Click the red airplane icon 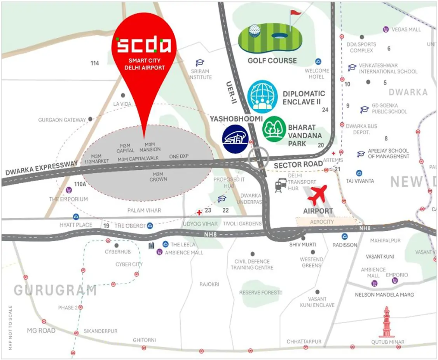pyautogui.click(x=318, y=195)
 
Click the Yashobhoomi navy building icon pyautogui.click(x=235, y=139)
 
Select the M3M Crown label pyautogui.click(x=158, y=177)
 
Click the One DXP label pyautogui.click(x=179, y=157)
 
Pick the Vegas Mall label pyautogui.click(x=406, y=30)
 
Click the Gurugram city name pyautogui.click(x=55, y=290)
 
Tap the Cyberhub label pyautogui.click(x=118, y=252)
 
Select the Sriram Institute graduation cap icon pyautogui.click(x=200, y=63)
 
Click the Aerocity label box pyautogui.click(x=322, y=222)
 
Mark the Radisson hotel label pyautogui.click(x=345, y=245)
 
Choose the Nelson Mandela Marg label pyautogui.click(x=384, y=294)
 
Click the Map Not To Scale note pyautogui.click(x=10, y=328)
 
